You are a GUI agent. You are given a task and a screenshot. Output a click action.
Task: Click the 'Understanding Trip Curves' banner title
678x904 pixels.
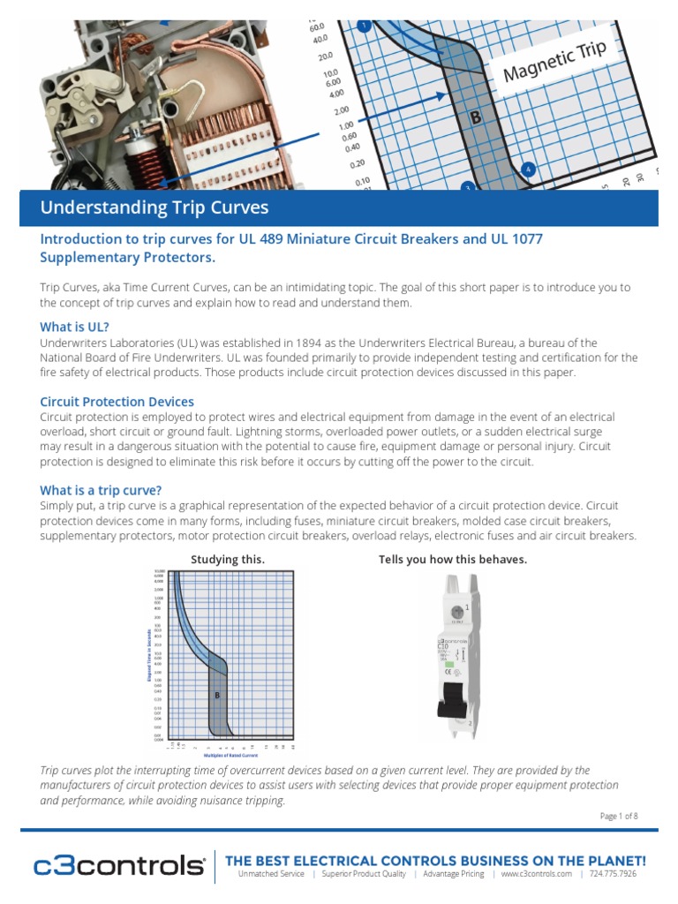[x=154, y=208]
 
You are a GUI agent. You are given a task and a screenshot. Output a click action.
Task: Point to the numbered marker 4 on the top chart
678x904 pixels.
[x=528, y=169]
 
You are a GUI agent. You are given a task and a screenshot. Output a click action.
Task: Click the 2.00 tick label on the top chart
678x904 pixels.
[x=341, y=111]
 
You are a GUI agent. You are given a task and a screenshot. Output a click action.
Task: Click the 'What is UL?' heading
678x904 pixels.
[x=74, y=327]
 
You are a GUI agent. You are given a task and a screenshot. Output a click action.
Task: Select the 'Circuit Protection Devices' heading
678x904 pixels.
[x=117, y=401]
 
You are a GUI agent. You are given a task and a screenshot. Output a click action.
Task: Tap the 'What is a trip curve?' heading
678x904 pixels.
[x=101, y=490]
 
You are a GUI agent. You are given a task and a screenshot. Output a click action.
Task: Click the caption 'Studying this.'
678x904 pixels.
[x=228, y=560]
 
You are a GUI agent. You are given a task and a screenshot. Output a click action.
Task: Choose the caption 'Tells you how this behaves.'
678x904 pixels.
[x=453, y=560]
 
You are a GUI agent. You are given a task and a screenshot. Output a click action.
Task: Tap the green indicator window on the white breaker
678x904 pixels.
[x=456, y=611]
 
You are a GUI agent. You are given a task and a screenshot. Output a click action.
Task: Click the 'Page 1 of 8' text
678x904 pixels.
[x=618, y=816]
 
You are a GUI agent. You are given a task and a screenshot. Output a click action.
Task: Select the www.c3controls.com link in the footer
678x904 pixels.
[x=536, y=874]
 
